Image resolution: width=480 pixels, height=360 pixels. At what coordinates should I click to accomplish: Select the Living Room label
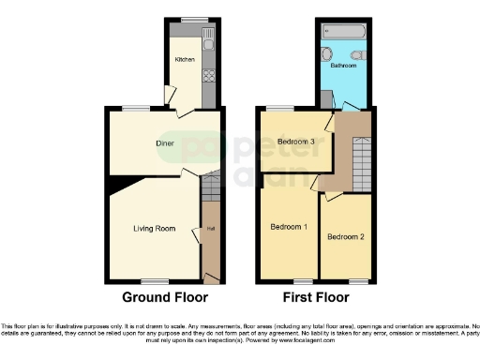(x=153, y=228)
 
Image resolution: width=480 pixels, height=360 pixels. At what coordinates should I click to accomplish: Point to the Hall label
(x=211, y=229)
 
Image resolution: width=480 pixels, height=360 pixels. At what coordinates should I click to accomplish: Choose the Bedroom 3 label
(x=295, y=142)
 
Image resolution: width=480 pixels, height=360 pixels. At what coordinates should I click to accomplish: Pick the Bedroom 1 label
(x=289, y=228)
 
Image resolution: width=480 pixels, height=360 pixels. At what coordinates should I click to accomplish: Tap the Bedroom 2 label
(x=345, y=236)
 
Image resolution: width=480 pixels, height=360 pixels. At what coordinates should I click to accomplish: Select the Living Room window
(x=154, y=281)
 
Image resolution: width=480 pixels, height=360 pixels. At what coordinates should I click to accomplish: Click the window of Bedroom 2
(x=357, y=281)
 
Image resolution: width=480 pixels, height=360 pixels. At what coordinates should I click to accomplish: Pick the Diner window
(x=135, y=108)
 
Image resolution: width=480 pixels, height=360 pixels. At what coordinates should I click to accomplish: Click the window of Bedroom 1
(x=302, y=281)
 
